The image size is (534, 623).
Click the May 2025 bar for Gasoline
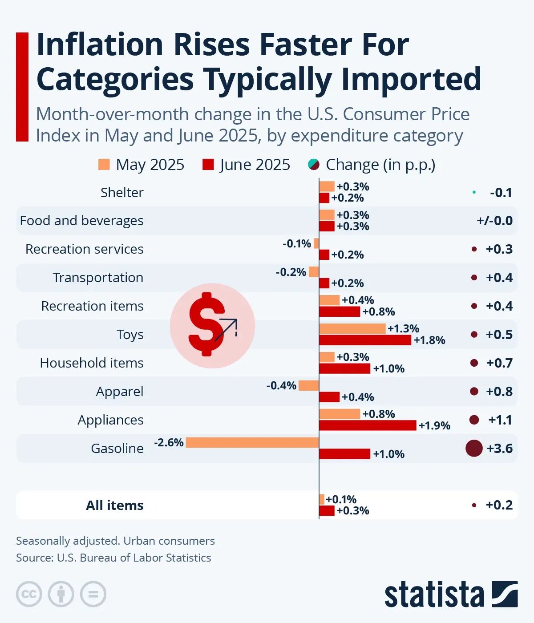252,442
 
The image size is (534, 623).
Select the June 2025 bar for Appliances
368,425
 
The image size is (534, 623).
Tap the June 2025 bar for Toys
365,340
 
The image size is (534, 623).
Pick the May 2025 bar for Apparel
308,385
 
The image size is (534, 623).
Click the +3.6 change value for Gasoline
499,448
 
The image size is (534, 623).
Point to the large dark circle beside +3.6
474,448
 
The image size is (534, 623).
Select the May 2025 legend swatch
104,165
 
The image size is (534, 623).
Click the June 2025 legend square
208,165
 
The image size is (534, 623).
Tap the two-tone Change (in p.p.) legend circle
314,165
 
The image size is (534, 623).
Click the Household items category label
92,363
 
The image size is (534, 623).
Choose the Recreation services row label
85,249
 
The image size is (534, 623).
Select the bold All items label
114,506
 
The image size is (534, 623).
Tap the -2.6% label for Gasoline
169,443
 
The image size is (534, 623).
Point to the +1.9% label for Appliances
434,426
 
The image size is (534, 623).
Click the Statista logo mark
505,594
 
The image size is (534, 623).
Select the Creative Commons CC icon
29,594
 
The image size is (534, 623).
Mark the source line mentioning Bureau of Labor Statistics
113,558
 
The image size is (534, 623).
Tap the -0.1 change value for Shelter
501,193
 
